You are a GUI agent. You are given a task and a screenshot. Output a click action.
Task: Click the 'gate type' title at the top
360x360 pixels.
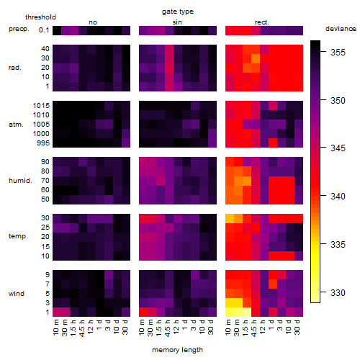tap(178, 12)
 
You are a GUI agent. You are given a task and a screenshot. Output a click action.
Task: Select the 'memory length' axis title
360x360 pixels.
tap(177, 350)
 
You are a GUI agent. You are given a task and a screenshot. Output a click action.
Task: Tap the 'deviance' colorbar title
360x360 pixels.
tap(341, 29)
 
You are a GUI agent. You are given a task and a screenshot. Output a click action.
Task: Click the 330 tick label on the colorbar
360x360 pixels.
tap(338, 292)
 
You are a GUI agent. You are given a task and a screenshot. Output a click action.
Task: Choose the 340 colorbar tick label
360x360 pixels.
tap(338, 196)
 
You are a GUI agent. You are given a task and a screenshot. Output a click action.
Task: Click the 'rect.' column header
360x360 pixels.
tap(262, 22)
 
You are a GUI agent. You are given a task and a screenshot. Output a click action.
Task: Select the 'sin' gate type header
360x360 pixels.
tap(177, 22)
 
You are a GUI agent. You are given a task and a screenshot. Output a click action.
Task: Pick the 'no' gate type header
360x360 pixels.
tap(93, 22)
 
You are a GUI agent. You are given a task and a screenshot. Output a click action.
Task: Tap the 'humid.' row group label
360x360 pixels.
tap(20, 181)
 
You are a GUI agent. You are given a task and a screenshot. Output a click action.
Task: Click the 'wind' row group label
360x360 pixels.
tap(17, 294)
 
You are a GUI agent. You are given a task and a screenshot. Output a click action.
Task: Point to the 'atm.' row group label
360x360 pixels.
tap(16, 125)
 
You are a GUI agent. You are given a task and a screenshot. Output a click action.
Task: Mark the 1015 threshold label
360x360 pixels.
tap(41, 105)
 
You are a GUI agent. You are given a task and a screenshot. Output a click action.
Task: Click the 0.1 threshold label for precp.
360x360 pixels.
tap(44, 30)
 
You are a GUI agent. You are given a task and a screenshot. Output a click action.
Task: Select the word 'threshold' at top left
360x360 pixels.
tap(40, 17)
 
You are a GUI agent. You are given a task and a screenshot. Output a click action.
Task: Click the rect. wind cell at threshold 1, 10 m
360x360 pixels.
tap(230, 312)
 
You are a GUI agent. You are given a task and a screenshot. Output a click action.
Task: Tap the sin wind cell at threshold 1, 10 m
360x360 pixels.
tap(143, 312)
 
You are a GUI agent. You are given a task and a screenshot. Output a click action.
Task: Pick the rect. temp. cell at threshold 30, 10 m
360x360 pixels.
tap(230, 218)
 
